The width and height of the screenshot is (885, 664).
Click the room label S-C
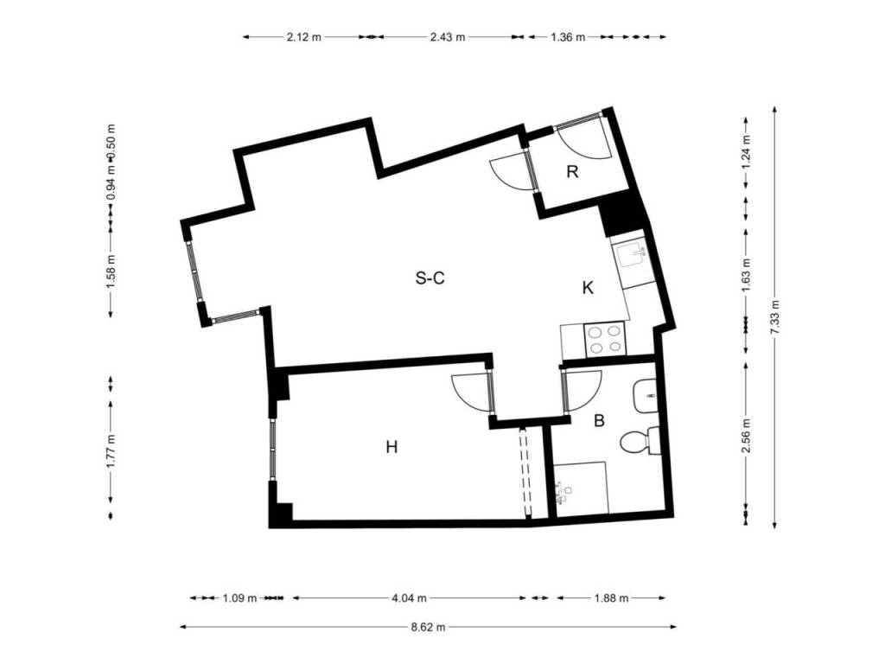pyautogui.click(x=430, y=278)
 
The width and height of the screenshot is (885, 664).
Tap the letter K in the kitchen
pyautogui.click(x=588, y=288)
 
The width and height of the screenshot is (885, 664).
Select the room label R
pyautogui.click(x=572, y=172)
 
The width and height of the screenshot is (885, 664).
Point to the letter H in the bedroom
pyautogui.click(x=392, y=447)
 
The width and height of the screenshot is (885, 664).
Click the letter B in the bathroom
pyautogui.click(x=600, y=421)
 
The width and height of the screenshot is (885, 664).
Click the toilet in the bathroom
pyautogui.click(x=640, y=441)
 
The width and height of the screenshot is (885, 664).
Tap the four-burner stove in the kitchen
pyautogui.click(x=605, y=339)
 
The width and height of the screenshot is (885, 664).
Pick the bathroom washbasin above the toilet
pyautogui.click(x=645, y=396)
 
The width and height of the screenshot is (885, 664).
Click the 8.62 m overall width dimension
pyautogui.click(x=429, y=626)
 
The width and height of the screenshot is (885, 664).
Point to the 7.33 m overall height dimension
pyautogui.click(x=774, y=317)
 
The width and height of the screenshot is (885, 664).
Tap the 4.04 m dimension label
pyautogui.click(x=409, y=598)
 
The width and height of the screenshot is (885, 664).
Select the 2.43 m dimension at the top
pyautogui.click(x=448, y=37)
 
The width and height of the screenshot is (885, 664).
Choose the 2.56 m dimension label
pyautogui.click(x=746, y=436)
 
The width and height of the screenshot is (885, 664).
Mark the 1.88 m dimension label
pyautogui.click(x=611, y=598)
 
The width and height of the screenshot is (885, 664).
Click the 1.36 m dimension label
pyautogui.click(x=568, y=37)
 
